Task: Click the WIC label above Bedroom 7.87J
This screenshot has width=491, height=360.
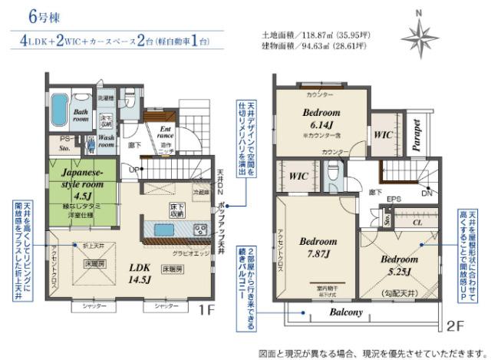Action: (x=298, y=176)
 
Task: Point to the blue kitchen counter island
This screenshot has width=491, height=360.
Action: (x=163, y=229)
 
